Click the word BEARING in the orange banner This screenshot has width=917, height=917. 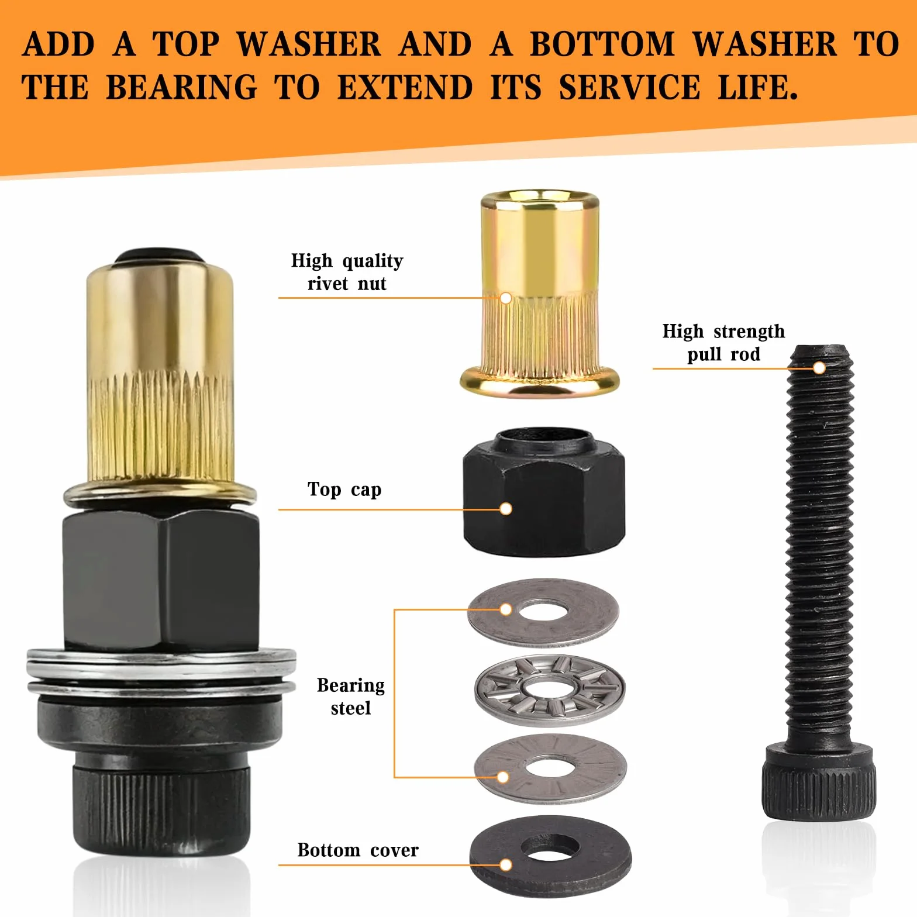tap(181, 88)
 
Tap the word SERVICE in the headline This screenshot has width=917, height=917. tap(629, 88)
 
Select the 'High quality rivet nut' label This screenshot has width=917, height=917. tap(347, 272)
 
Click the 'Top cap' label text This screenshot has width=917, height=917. tap(344, 489)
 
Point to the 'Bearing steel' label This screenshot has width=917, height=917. tap(351, 697)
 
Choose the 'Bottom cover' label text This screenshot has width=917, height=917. tap(358, 850)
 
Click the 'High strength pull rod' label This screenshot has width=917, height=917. tap(723, 343)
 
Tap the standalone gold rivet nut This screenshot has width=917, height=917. tap(540, 294)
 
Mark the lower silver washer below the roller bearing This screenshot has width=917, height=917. tap(550, 769)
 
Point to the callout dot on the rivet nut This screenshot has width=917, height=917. tap(506, 298)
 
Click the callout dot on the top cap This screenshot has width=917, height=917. tap(506, 509)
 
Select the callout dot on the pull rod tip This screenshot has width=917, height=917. tap(819, 368)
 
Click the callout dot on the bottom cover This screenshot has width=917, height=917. tap(506, 865)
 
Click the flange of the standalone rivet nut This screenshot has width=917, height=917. tap(540, 381)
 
